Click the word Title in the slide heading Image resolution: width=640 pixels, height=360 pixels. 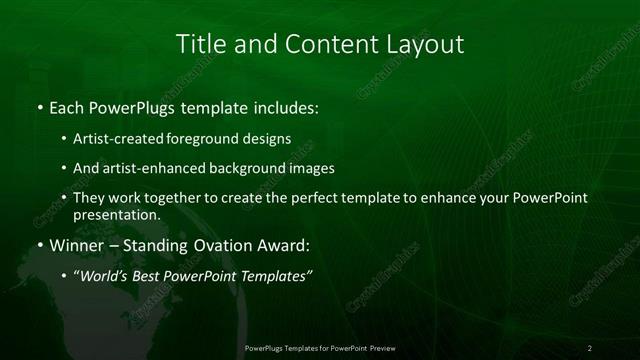coord(200,45)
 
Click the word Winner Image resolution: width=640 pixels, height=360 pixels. coord(73,244)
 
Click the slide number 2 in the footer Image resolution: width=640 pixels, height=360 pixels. coord(590,348)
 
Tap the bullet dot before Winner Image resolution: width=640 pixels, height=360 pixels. coord(39,245)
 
